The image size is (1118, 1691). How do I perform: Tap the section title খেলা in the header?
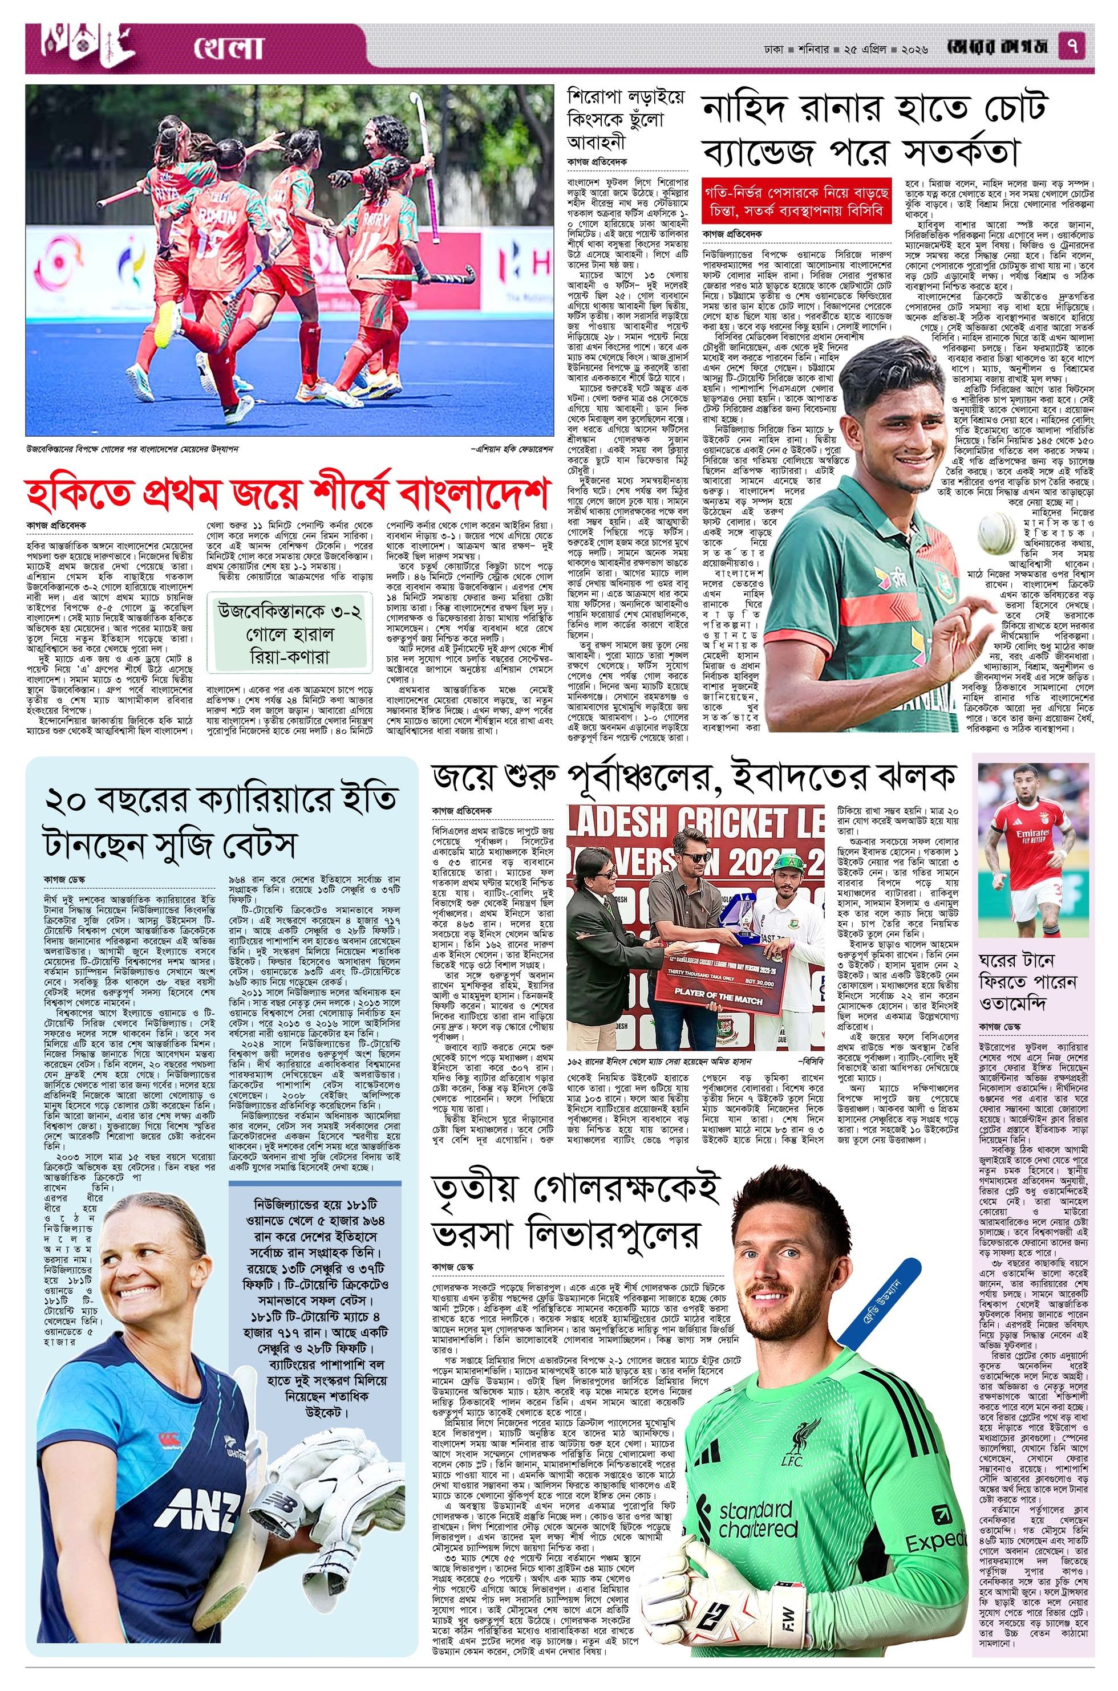tap(228, 48)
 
